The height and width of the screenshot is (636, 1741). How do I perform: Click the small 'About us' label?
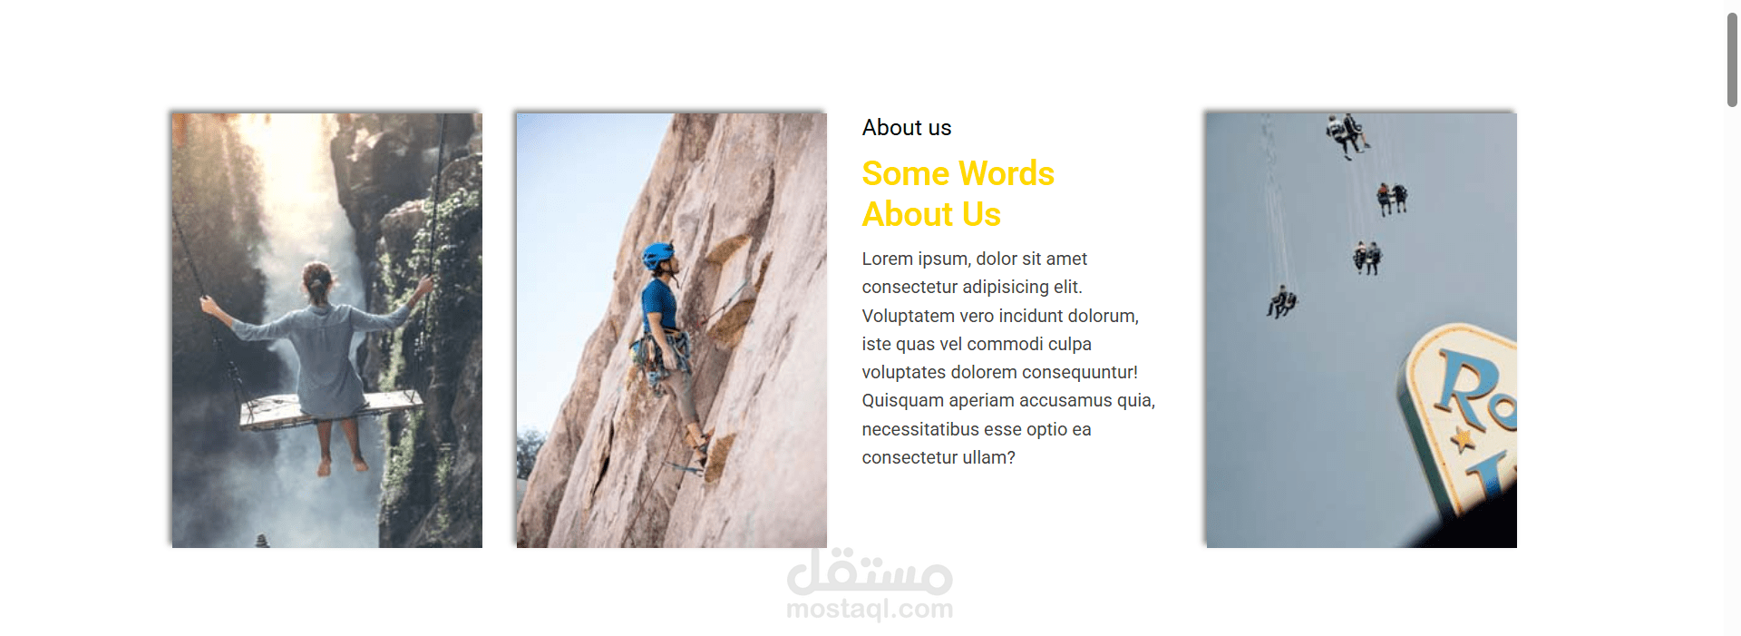click(x=907, y=128)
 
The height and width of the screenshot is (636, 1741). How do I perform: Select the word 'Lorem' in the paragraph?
click(x=888, y=259)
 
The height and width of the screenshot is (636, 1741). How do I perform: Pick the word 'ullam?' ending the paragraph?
click(x=989, y=457)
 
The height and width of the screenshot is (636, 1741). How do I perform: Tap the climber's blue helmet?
click(x=657, y=255)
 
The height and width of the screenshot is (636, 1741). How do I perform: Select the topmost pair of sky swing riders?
click(x=1347, y=134)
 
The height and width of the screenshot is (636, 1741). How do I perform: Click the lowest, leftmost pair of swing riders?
click(x=1281, y=302)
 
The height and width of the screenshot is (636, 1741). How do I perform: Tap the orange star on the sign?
click(x=1462, y=440)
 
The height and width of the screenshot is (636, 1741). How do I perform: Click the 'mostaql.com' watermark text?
click(x=870, y=609)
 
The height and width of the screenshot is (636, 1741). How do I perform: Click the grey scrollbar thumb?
click(x=1732, y=61)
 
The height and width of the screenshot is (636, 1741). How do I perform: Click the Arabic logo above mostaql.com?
click(x=870, y=572)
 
